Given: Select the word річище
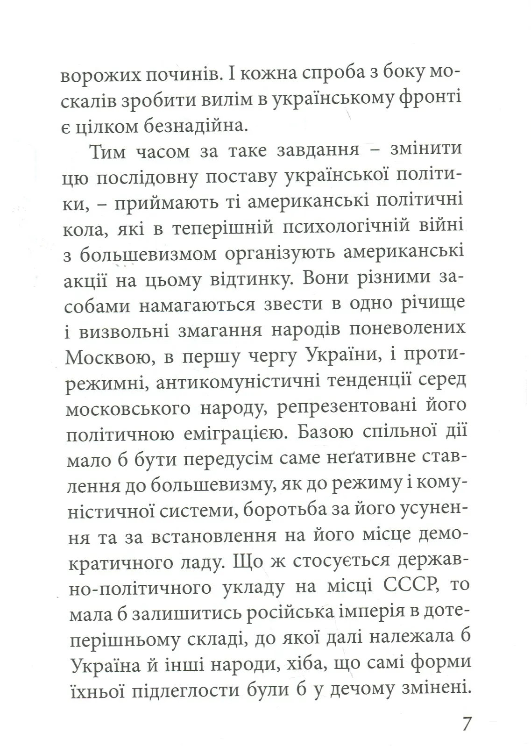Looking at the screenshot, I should pos(430,304).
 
